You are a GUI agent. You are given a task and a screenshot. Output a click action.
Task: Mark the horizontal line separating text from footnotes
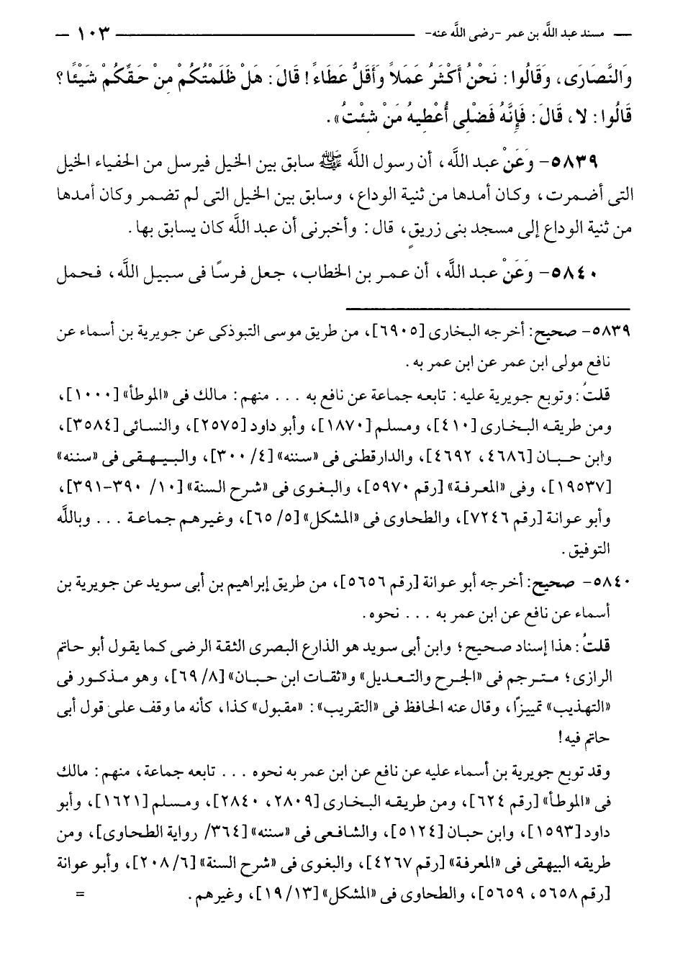(x=486, y=307)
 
